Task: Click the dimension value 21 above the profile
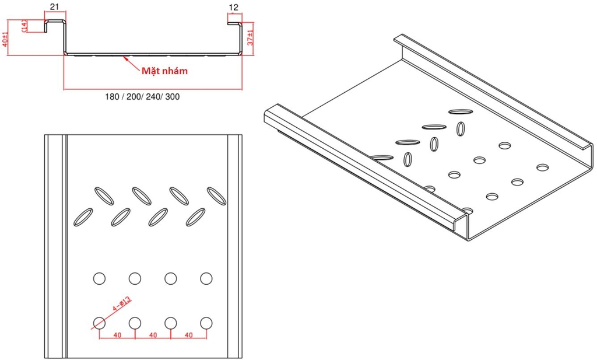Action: (54, 7)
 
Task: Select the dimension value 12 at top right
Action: (234, 7)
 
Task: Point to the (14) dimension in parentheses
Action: (24, 26)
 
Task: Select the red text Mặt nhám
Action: (165, 71)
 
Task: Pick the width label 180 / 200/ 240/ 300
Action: (143, 97)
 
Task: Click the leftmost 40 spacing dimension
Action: (117, 335)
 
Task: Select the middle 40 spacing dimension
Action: (153, 335)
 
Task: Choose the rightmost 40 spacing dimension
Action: (188, 335)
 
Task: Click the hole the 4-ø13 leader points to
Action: (100, 322)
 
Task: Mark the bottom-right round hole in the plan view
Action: (206, 322)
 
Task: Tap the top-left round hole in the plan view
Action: (100, 278)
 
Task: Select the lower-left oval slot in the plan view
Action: (83, 216)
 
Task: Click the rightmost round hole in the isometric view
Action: (542, 167)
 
